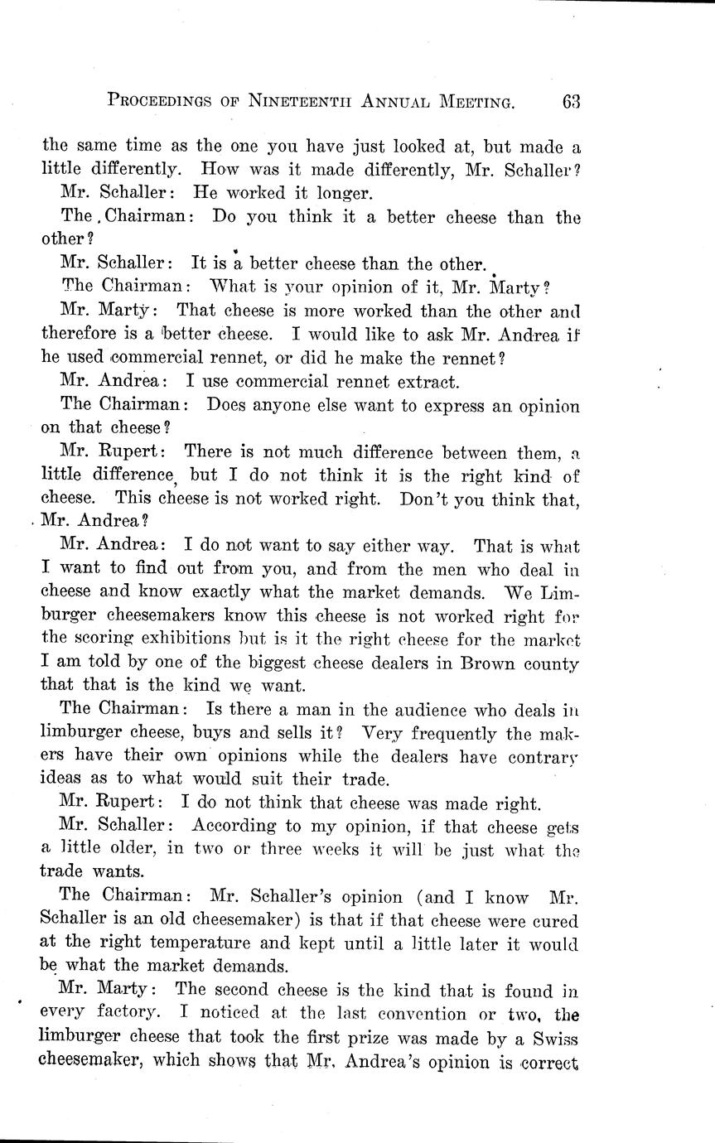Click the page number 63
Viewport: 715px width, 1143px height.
point(570,102)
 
